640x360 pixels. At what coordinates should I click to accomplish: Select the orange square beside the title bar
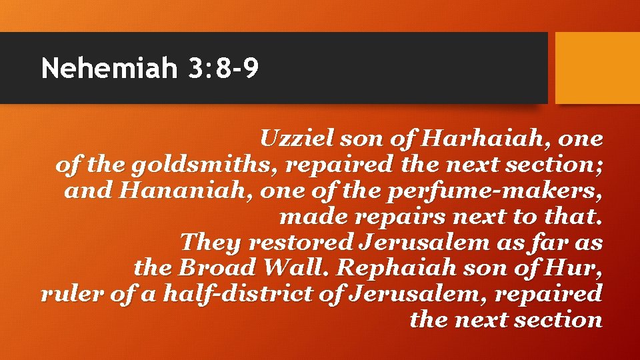click(x=597, y=68)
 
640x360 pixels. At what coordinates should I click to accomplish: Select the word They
click(x=208, y=243)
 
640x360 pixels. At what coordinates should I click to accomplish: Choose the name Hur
click(x=581, y=268)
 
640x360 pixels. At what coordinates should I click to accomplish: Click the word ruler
click(x=67, y=294)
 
